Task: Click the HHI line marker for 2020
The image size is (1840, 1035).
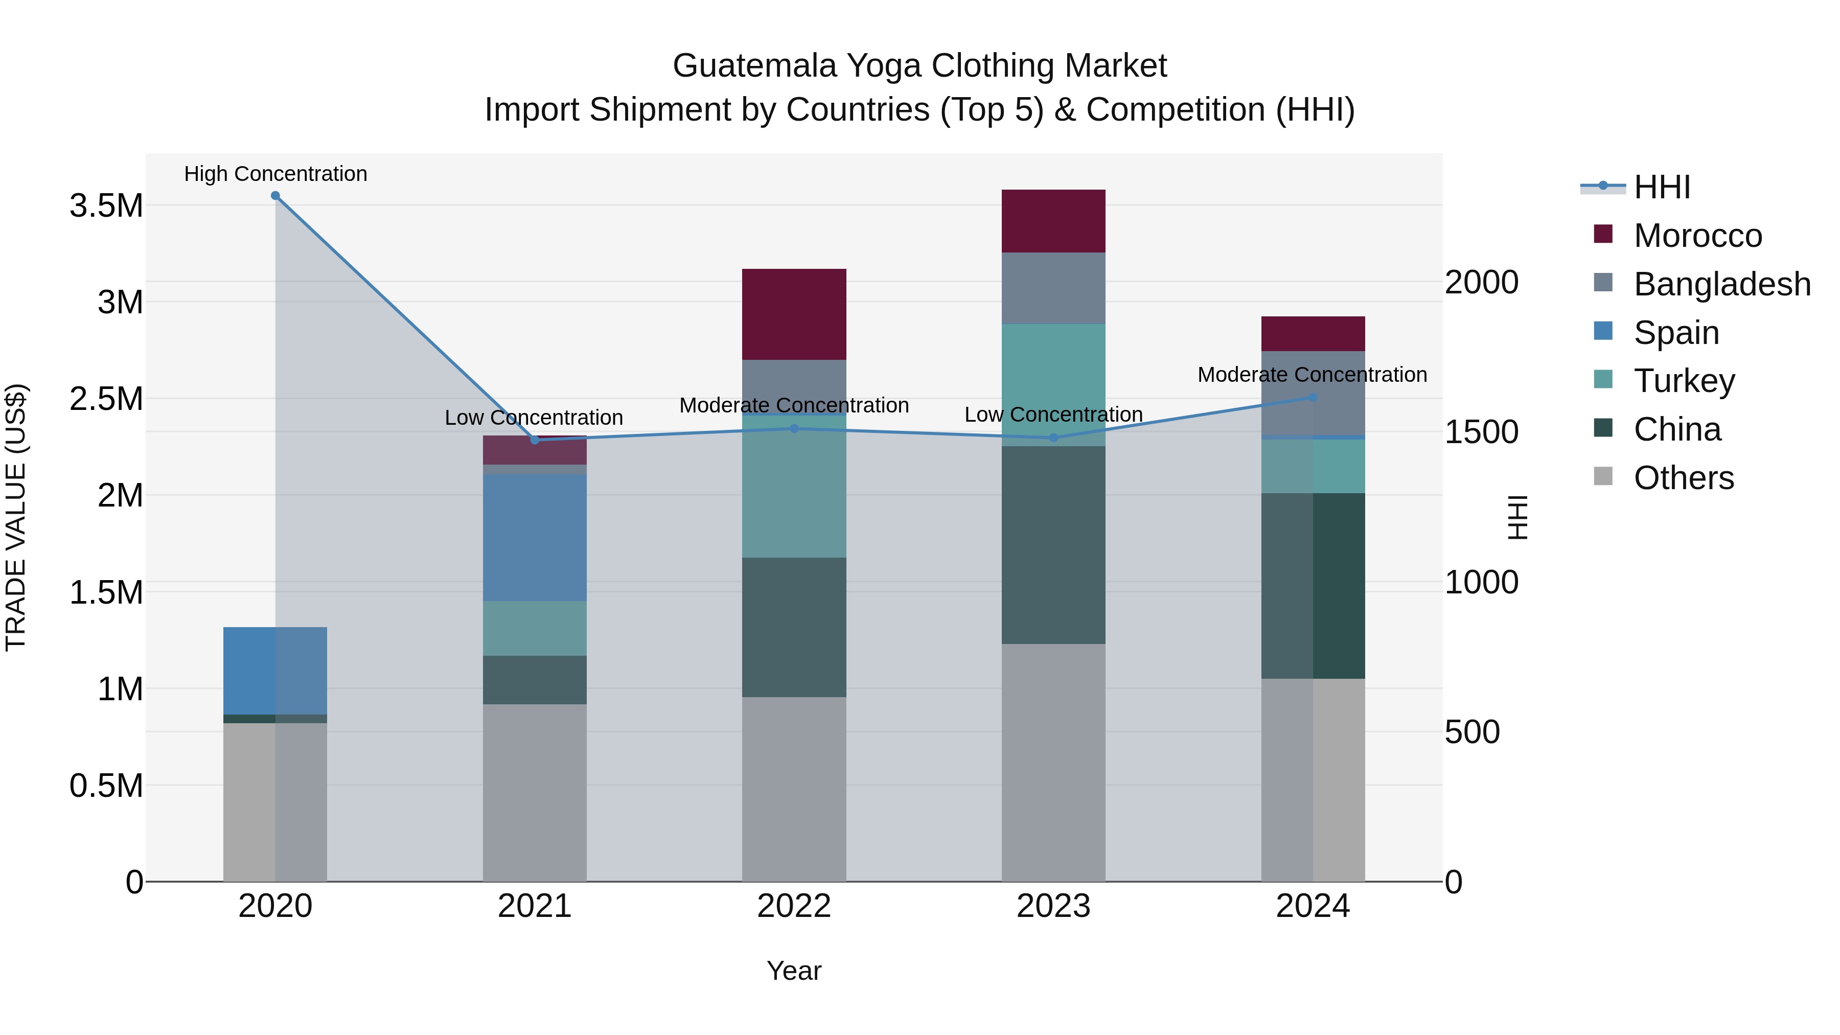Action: click(x=275, y=196)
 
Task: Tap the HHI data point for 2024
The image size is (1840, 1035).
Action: click(x=1313, y=397)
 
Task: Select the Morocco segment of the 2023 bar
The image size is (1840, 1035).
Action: click(x=1053, y=221)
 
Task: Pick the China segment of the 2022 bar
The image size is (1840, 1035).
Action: click(x=794, y=627)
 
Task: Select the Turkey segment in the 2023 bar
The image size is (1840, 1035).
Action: click(x=1053, y=384)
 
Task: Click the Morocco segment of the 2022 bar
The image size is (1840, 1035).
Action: click(x=794, y=314)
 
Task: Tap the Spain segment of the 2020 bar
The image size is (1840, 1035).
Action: click(x=275, y=670)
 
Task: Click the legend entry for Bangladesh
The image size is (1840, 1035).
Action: click(x=1721, y=284)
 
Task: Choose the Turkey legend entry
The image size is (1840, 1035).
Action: click(x=1684, y=381)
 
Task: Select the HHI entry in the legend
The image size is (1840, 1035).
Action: click(x=1662, y=187)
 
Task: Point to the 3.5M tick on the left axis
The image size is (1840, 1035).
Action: click(x=106, y=205)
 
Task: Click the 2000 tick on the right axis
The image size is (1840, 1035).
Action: click(x=1481, y=282)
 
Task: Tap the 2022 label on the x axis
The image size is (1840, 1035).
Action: click(x=794, y=906)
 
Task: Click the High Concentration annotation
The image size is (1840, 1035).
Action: click(x=275, y=174)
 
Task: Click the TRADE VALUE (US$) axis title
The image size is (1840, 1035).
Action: click(x=16, y=517)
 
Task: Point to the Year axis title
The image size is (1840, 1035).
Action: click(x=794, y=971)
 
